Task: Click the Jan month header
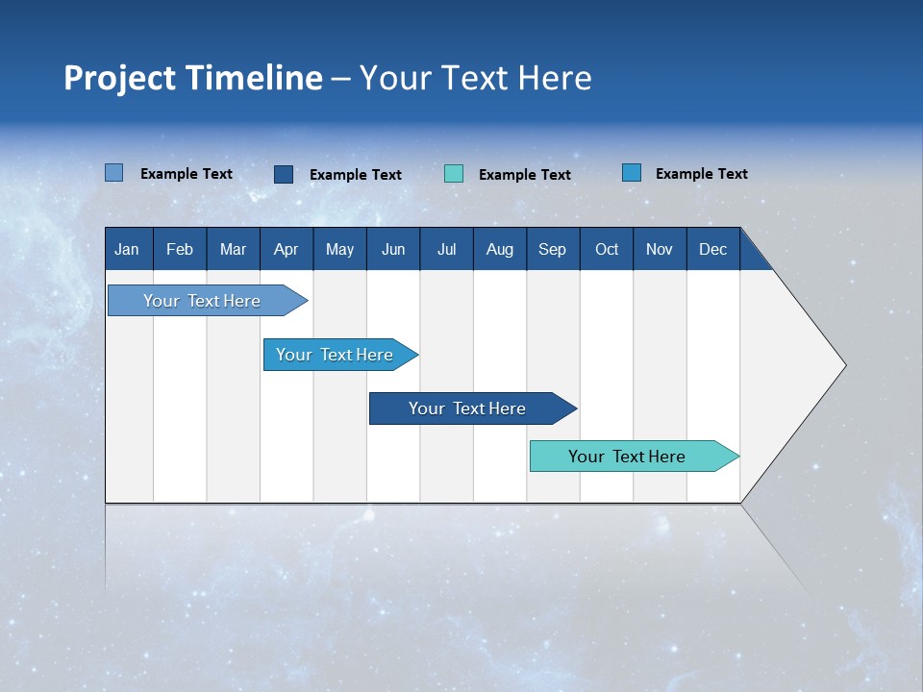pos(127,249)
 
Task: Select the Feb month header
pos(180,249)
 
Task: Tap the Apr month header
pos(286,249)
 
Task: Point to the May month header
pos(339,249)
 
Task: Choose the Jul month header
pos(446,249)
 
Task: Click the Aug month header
pos(499,249)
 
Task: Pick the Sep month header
pos(552,249)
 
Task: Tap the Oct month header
pos(607,249)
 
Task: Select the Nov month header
pos(660,249)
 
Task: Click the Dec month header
pos(712,249)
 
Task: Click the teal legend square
pos(454,174)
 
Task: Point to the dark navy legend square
pos(284,174)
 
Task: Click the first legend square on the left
pos(113,173)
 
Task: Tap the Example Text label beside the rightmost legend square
pos(701,174)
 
